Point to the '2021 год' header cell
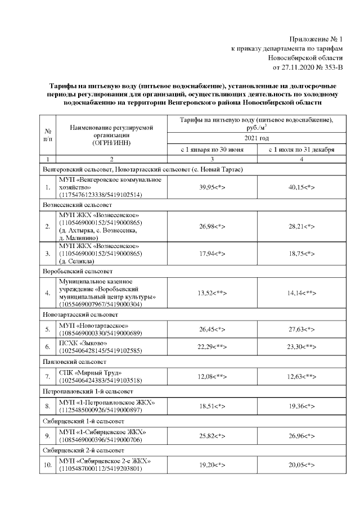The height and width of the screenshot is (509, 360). tap(256, 138)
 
